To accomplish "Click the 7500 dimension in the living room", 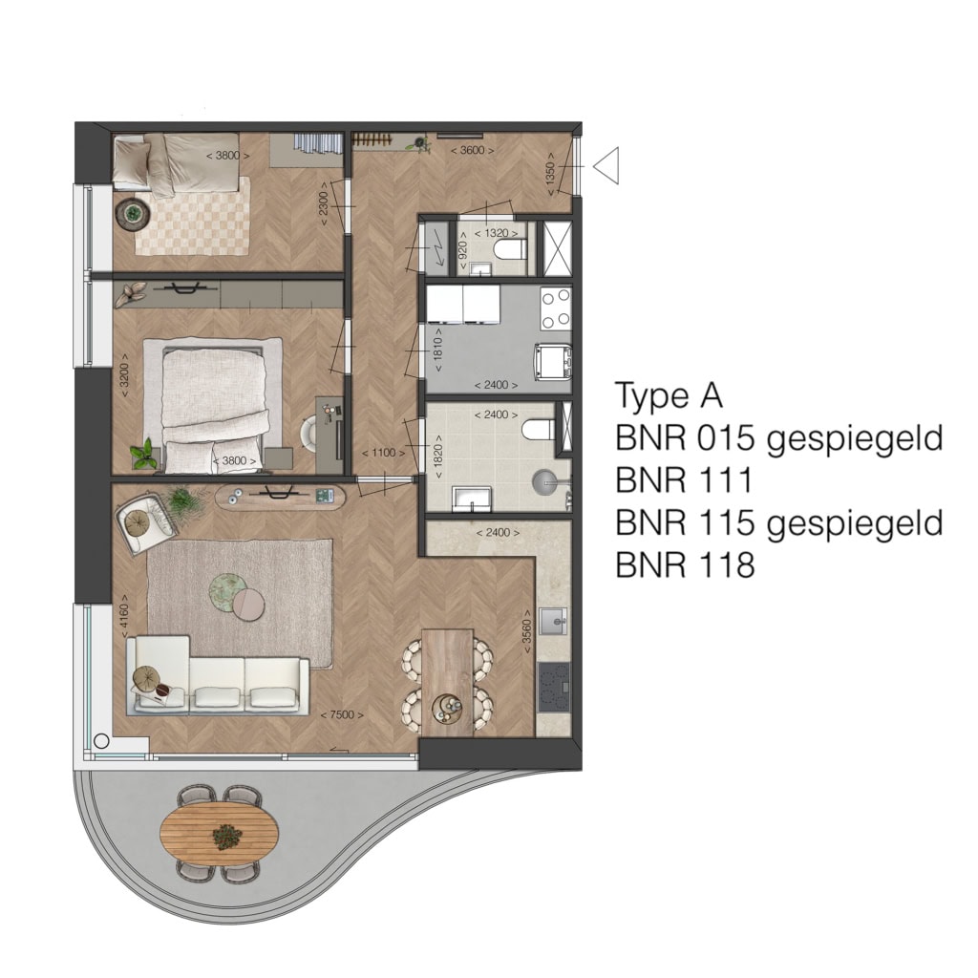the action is pyautogui.click(x=342, y=715).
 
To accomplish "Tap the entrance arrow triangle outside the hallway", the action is pyautogui.click(x=606, y=165).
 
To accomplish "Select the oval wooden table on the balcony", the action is pyautogui.click(x=219, y=833).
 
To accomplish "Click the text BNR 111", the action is pyautogui.click(x=684, y=480).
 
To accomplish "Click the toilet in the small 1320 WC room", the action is pyautogui.click(x=509, y=251).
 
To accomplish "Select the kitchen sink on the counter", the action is pyautogui.click(x=553, y=621).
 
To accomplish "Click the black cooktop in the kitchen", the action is pyautogui.click(x=553, y=687).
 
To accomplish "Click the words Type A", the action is pyautogui.click(x=669, y=395).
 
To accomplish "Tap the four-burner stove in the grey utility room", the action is pyautogui.click(x=555, y=308).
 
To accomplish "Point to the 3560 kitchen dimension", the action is pyautogui.click(x=527, y=631).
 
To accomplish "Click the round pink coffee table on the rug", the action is pyautogui.click(x=249, y=604).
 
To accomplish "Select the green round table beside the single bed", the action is pyautogui.click(x=132, y=214).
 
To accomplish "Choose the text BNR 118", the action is pyautogui.click(x=685, y=565).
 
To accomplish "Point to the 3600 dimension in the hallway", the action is pyautogui.click(x=472, y=150).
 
